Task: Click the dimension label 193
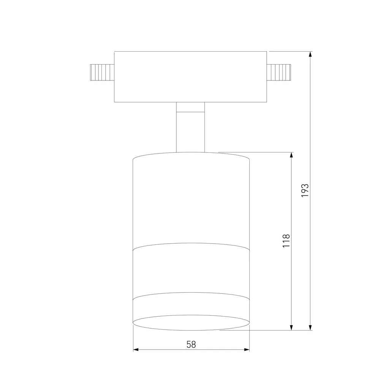305,190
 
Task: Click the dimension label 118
286,241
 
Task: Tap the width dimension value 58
191,344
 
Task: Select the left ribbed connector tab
102,72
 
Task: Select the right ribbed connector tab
279,72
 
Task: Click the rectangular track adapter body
190,77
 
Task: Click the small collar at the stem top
190,107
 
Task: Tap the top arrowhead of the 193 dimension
310,54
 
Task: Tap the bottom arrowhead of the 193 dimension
310,327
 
